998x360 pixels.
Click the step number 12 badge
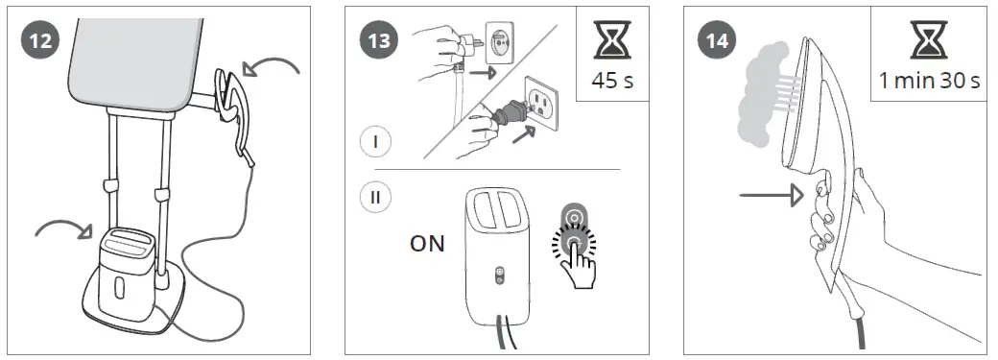click(42, 42)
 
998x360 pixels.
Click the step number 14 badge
click(715, 42)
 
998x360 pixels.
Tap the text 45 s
click(613, 81)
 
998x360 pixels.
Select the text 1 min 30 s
click(929, 81)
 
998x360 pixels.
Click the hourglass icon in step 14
click(929, 41)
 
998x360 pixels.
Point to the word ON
click(427, 244)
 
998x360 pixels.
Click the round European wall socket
click(501, 43)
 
